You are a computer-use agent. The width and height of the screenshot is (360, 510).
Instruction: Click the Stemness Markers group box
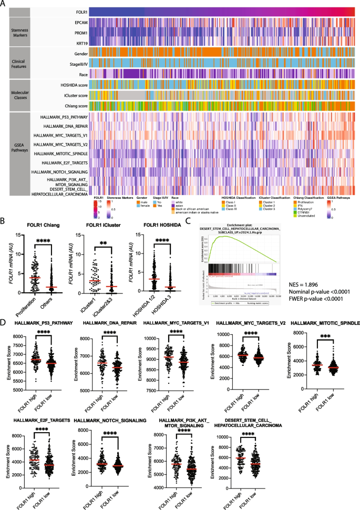15,32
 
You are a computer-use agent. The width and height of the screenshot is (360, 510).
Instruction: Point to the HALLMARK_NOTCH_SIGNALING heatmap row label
59,171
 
